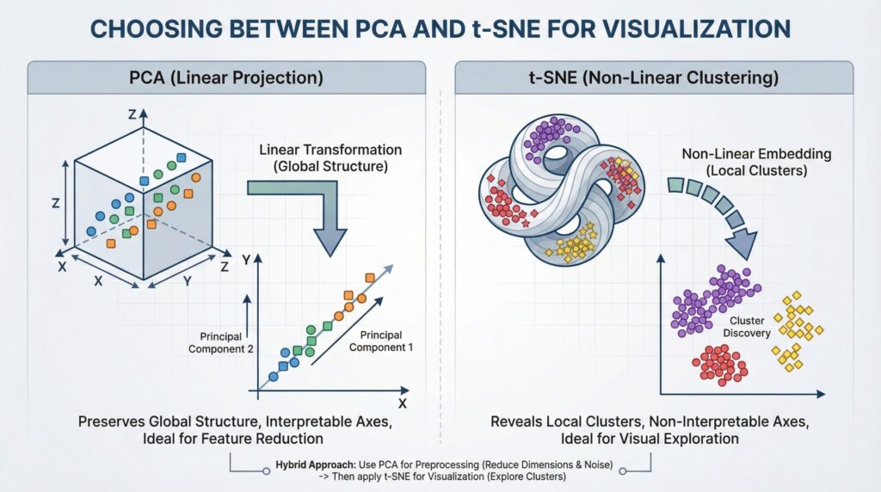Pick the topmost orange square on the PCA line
coord(370,277)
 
